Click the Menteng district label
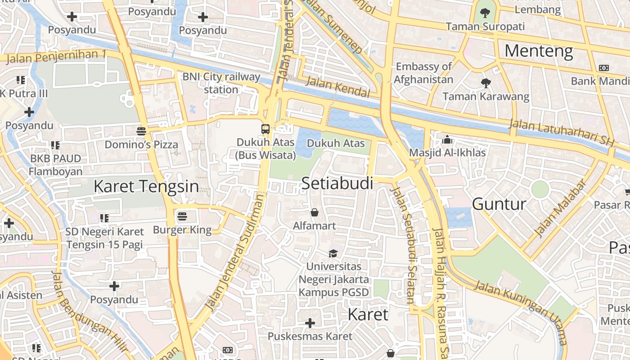pos(539,51)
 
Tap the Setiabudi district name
pos(337,183)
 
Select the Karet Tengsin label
pos(146,186)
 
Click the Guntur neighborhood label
pos(499,204)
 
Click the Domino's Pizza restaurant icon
pos(141,131)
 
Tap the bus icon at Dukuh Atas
pos(265,129)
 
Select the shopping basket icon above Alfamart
pos(315,212)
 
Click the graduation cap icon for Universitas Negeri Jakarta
pos(333,253)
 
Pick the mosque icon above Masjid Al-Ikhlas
pos(447,139)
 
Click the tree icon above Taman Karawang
pos(486,83)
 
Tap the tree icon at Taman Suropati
pos(485,13)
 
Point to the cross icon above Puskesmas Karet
pos(310,323)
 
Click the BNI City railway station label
pos(221,83)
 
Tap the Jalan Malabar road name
pos(560,208)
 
